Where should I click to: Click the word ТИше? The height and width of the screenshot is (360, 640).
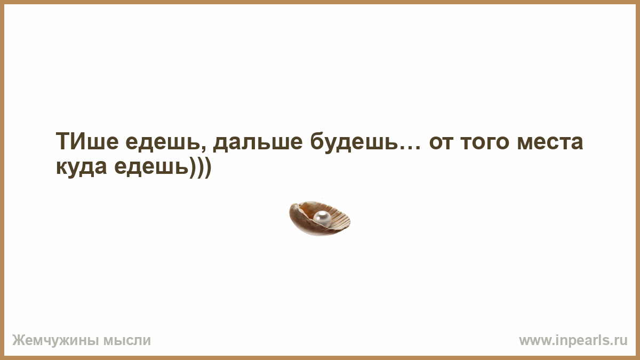[87, 141]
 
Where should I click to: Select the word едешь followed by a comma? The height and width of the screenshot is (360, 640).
[166, 142]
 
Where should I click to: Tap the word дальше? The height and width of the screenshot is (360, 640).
[258, 142]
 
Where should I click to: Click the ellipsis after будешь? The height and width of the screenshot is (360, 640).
[410, 148]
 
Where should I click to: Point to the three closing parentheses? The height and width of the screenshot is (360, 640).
[200, 167]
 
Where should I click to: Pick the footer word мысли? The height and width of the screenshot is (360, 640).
[127, 341]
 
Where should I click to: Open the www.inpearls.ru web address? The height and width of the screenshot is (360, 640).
[573, 341]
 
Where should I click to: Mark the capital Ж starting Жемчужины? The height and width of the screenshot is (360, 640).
[18, 340]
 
